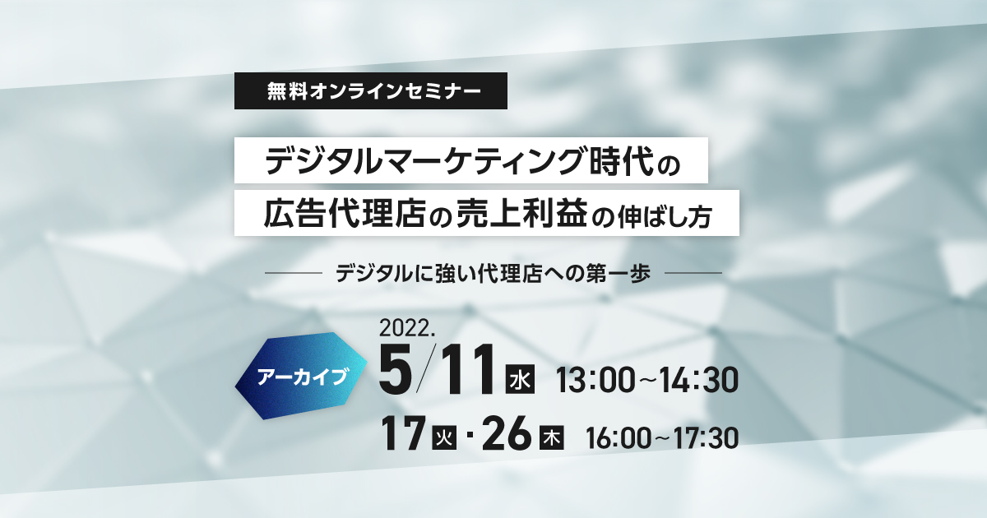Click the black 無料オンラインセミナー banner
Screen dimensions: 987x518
point(371,90)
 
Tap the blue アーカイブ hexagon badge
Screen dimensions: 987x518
point(301,376)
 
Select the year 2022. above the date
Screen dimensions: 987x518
point(407,329)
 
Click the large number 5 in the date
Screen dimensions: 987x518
point(396,369)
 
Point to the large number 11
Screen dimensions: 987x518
point(467,369)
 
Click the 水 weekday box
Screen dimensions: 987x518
point(520,379)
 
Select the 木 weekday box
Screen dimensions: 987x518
point(552,437)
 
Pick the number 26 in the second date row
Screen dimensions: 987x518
point(507,433)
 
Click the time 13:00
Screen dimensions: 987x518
point(595,380)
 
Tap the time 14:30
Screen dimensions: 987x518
point(699,380)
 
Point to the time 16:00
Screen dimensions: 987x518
point(619,437)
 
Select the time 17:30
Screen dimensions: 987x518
point(707,437)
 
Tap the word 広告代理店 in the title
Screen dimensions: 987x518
point(344,214)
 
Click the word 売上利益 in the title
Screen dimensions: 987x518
point(522,214)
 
